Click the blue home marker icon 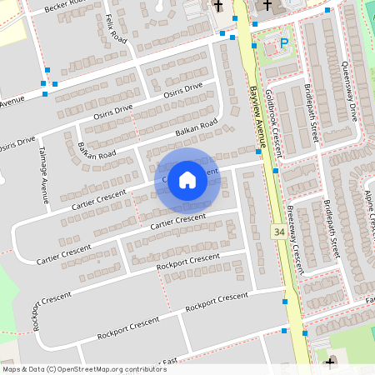coord(187,179)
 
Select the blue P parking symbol coord(284,43)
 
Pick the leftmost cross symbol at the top coord(217,6)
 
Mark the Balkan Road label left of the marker coord(97,151)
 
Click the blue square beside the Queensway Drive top coord(327,11)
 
